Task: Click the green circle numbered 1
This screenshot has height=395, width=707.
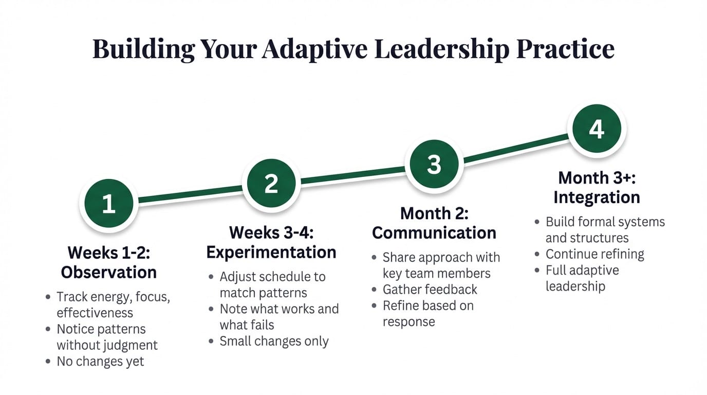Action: click(x=108, y=204)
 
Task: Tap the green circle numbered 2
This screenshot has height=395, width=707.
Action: click(x=271, y=184)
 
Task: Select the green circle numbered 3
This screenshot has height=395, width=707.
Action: click(x=434, y=165)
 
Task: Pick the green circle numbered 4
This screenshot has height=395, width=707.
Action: click(x=596, y=129)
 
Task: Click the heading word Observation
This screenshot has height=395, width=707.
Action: click(x=108, y=272)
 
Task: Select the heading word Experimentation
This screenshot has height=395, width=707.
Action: click(x=271, y=253)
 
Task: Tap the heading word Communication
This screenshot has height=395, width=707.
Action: click(x=434, y=233)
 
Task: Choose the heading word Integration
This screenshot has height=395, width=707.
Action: click(x=596, y=197)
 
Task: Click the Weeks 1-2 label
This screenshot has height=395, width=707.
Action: click(x=108, y=253)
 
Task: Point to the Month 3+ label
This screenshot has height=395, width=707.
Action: click(x=596, y=178)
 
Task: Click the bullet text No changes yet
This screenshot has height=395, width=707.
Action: click(x=100, y=362)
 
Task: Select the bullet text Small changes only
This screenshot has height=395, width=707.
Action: click(x=274, y=342)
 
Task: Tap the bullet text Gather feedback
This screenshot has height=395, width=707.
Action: click(x=430, y=290)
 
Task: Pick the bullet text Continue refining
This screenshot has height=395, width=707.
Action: click(x=594, y=254)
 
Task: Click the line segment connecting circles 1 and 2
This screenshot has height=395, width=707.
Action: click(x=190, y=194)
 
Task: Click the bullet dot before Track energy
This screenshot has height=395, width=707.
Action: click(x=48, y=297)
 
